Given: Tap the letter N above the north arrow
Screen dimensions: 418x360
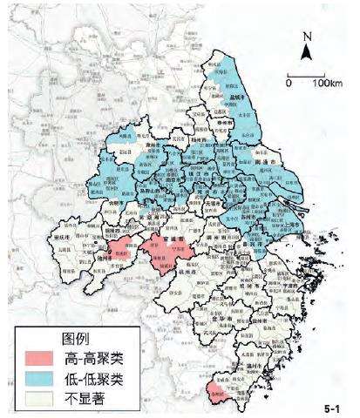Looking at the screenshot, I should (x=306, y=37).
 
